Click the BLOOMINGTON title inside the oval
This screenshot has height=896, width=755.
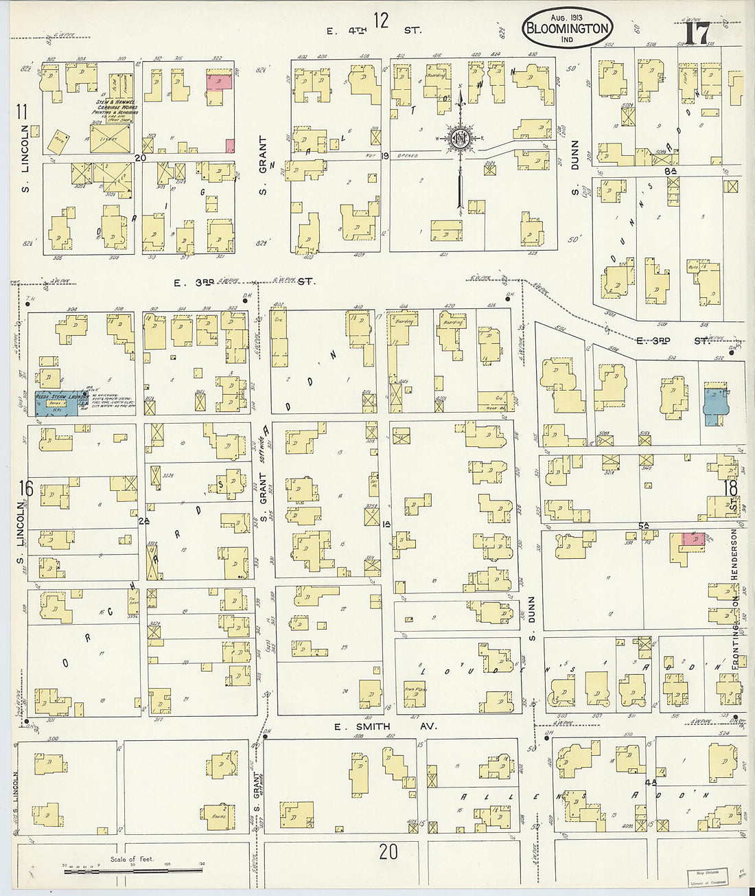[x=567, y=29]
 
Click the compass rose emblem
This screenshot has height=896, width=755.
[x=458, y=139]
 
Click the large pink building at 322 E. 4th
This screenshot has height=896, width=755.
[x=220, y=82]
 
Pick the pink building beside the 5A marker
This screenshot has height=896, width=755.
[x=693, y=539]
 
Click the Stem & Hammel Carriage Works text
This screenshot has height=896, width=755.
[x=116, y=106]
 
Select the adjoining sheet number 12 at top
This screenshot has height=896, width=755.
[x=381, y=21]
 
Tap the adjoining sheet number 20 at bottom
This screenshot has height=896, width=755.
[x=388, y=852]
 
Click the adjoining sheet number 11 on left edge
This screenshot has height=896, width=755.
[x=22, y=111]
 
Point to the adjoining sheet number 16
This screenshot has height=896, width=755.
[x=25, y=488]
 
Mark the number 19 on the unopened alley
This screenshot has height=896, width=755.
[x=385, y=157]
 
